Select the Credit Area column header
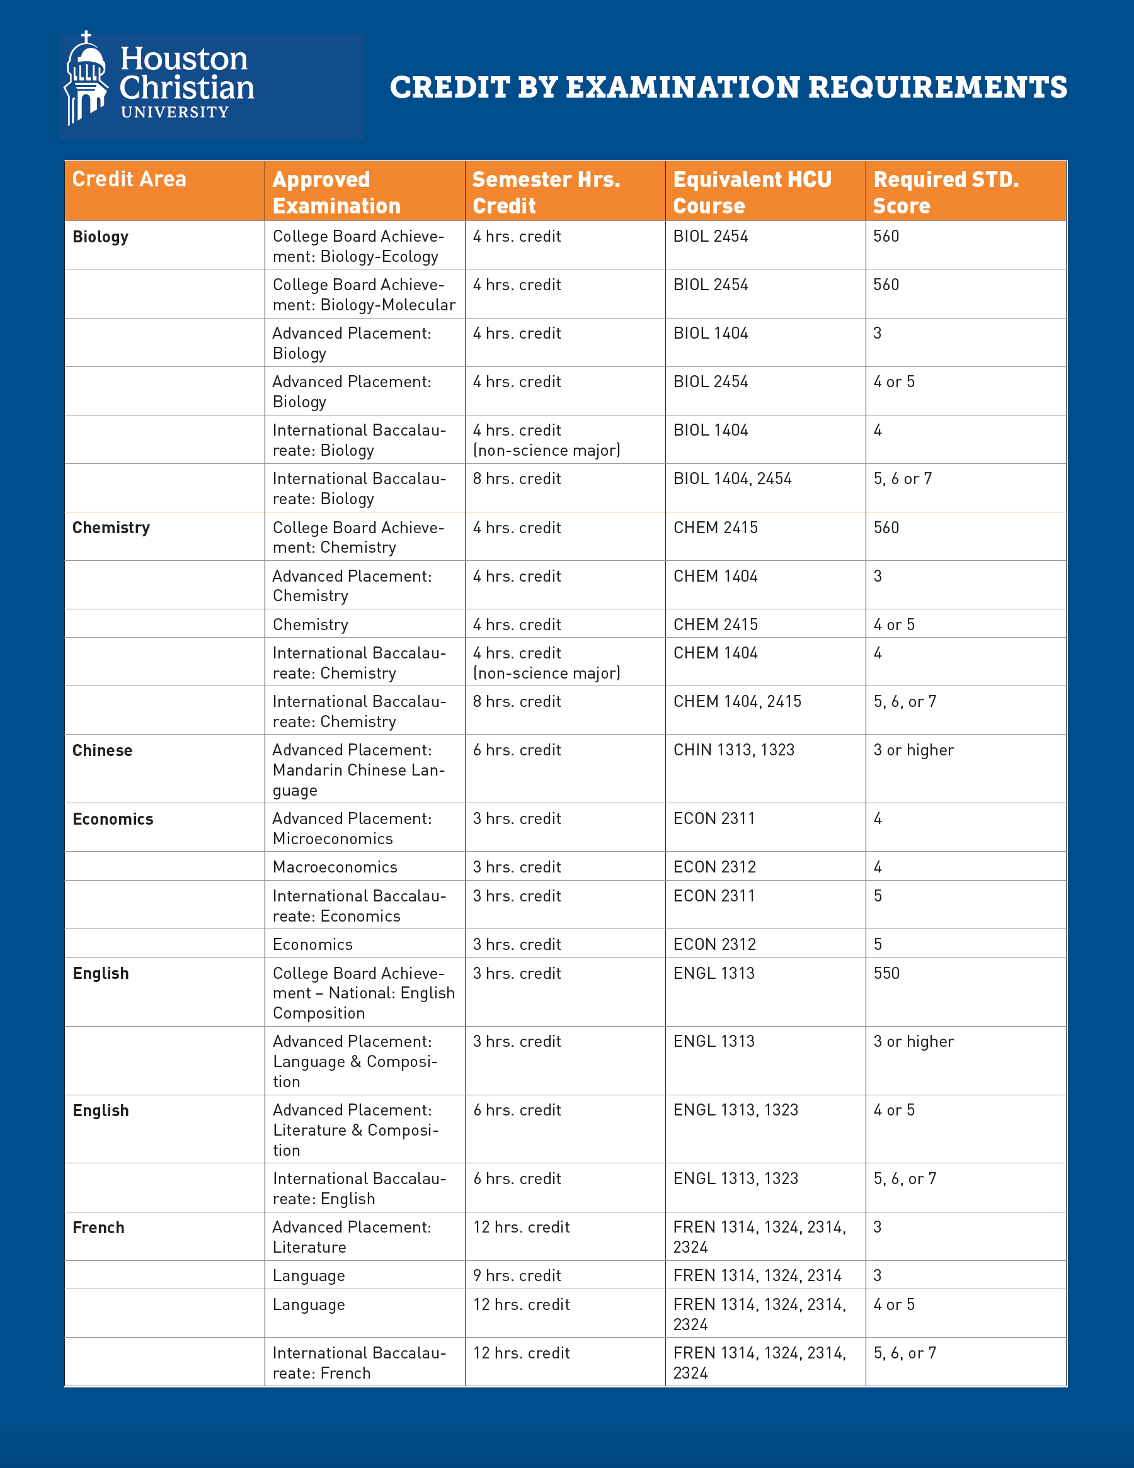pos(129,179)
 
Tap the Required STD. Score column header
pos(946,192)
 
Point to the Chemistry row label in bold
pos(111,528)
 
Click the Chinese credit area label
pos(102,751)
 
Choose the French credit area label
pos(98,1228)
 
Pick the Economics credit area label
pos(113,820)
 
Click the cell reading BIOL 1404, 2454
pos(733,478)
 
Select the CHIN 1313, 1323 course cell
pos(734,750)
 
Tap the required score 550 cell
pos(886,973)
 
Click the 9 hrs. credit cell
pos(517,1276)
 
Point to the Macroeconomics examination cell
pos(335,867)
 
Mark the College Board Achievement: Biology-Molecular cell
pos(364,295)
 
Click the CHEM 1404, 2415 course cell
pos(737,702)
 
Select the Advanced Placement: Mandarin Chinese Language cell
pos(358,770)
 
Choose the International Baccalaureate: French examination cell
pos(358,1362)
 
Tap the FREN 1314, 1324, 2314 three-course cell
pos(757,1276)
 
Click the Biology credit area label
pos(100,237)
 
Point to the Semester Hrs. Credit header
pos(546,192)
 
